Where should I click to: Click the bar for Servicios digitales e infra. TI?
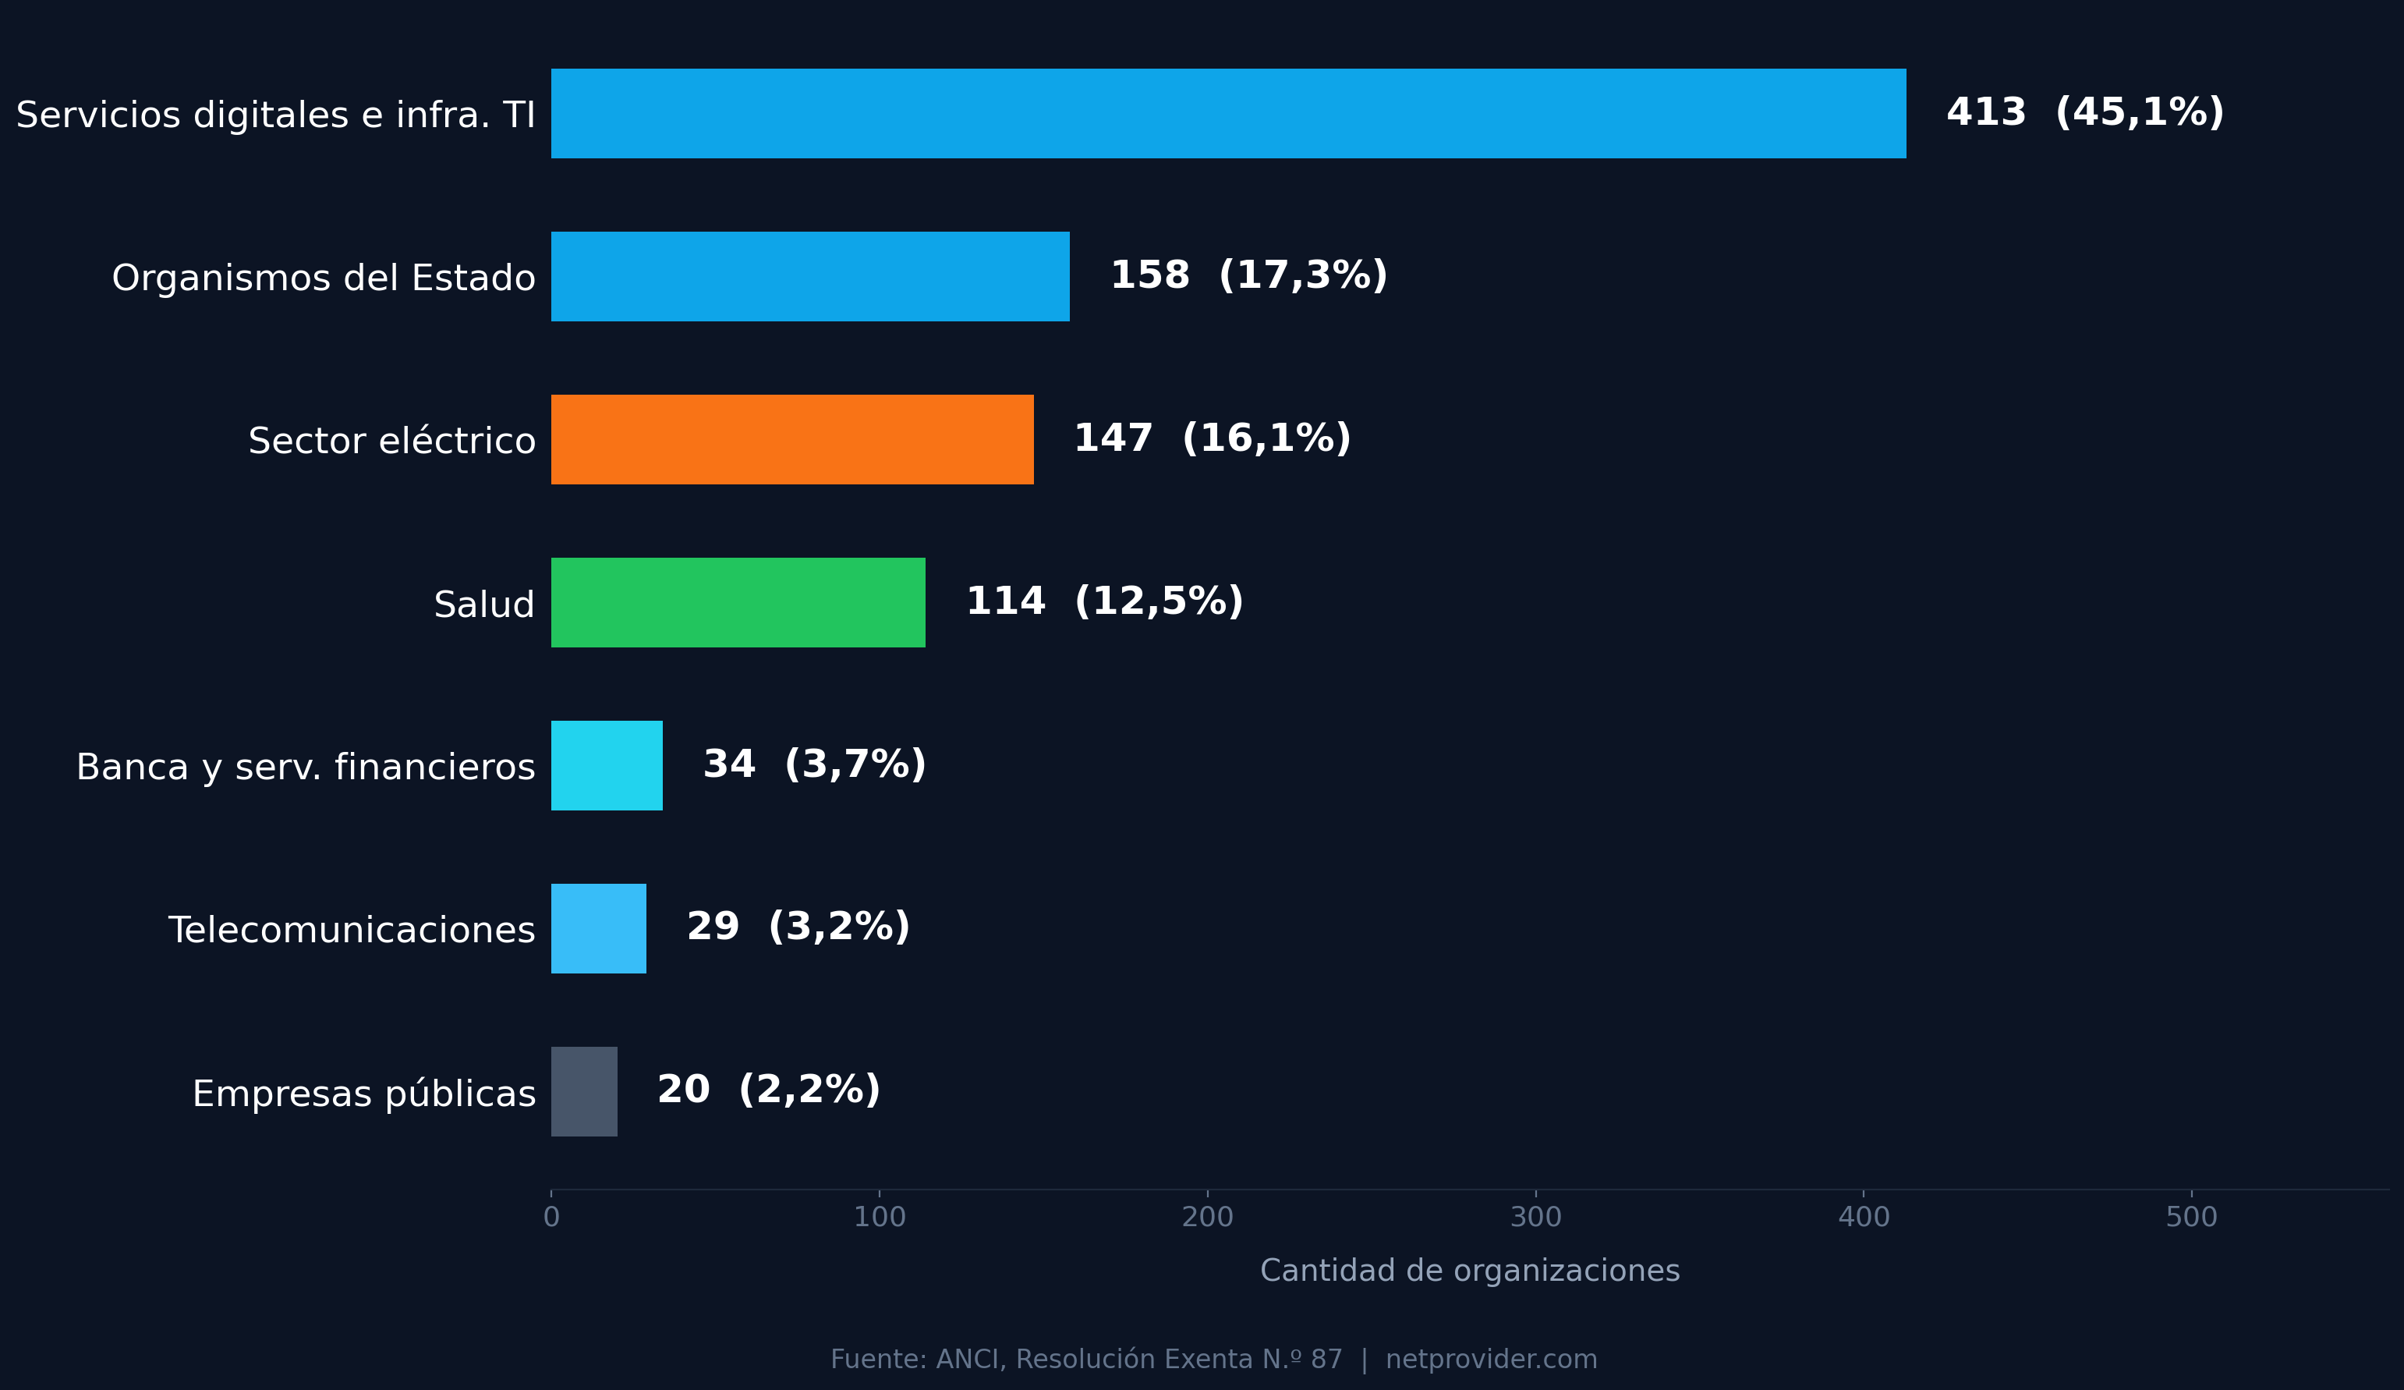pyautogui.click(x=1228, y=114)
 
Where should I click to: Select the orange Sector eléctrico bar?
pyautogui.click(x=791, y=440)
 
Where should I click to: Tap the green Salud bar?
pyautogui.click(x=738, y=603)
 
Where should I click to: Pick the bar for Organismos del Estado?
pyautogui.click(x=810, y=277)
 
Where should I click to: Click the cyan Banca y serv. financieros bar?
pyautogui.click(x=607, y=766)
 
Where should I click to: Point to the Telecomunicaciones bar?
pyautogui.click(x=598, y=929)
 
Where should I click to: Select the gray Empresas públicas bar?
pyautogui.click(x=584, y=1092)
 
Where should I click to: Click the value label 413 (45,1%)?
pyautogui.click(x=2084, y=112)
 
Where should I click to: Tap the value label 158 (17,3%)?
pyautogui.click(x=1248, y=275)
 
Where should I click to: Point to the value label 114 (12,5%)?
pyautogui.click(x=1103, y=602)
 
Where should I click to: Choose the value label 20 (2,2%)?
pyautogui.click(x=768, y=1090)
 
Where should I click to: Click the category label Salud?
pyautogui.click(x=483, y=605)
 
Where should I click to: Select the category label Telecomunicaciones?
pyautogui.click(x=351, y=930)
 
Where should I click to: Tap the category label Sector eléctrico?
pyautogui.click(x=391, y=441)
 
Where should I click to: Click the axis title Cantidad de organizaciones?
pyautogui.click(x=1469, y=1271)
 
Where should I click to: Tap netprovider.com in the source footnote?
pyautogui.click(x=1491, y=1360)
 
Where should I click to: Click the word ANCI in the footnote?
pyautogui.click(x=966, y=1360)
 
